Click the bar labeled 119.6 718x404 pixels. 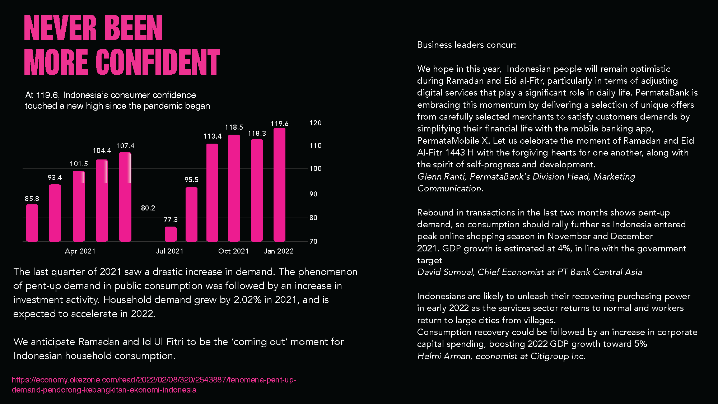click(279, 185)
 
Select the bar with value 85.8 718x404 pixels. click(32, 223)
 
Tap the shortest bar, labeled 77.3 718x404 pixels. click(171, 234)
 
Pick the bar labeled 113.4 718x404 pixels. click(212, 192)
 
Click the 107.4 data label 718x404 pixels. click(125, 146)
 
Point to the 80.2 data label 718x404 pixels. click(148, 208)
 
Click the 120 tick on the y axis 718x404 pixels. click(316, 123)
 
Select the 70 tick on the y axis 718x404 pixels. click(313, 241)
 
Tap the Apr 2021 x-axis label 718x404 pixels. click(80, 251)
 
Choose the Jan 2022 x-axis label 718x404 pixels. click(279, 251)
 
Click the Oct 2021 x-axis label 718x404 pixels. click(233, 251)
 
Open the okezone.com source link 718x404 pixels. click(154, 385)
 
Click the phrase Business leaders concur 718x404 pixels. click(466, 45)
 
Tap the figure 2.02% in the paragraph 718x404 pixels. click(247, 300)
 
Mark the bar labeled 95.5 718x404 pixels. click(191, 214)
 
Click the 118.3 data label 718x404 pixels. click(257, 133)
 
